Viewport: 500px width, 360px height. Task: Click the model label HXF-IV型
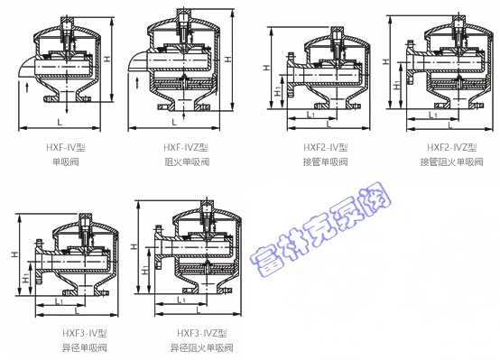point(66,147)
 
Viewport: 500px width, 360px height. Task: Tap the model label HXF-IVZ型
point(186,147)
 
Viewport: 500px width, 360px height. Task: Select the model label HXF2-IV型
point(325,147)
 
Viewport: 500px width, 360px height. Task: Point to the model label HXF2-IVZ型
point(452,147)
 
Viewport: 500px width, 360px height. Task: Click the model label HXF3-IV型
point(85,333)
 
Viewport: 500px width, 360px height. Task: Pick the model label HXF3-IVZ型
point(202,333)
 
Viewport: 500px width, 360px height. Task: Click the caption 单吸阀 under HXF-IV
point(66,162)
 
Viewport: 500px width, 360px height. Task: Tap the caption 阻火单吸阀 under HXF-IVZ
point(187,162)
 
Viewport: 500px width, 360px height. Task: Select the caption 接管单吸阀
point(325,162)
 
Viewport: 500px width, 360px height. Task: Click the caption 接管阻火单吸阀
point(451,162)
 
